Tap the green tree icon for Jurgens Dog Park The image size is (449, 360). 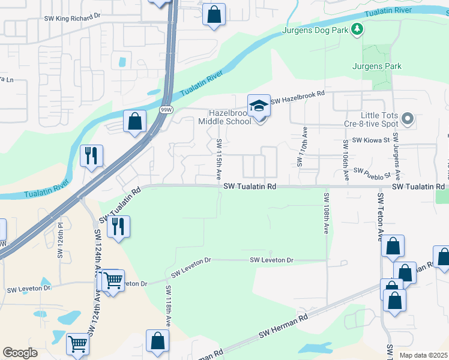(x=358, y=29)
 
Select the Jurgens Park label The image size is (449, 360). (x=376, y=66)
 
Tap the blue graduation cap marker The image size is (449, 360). (x=259, y=106)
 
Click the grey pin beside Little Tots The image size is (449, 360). (x=408, y=119)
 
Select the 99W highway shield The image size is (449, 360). (x=166, y=110)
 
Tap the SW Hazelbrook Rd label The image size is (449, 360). (x=297, y=98)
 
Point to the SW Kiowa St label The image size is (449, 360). (x=371, y=140)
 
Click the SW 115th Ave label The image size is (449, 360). (x=219, y=158)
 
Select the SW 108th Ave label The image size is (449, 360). (x=326, y=214)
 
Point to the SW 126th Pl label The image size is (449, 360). (x=60, y=241)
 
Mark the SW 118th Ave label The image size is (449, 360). (x=168, y=305)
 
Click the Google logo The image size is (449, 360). (x=20, y=353)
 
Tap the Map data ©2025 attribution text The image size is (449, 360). (x=423, y=356)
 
